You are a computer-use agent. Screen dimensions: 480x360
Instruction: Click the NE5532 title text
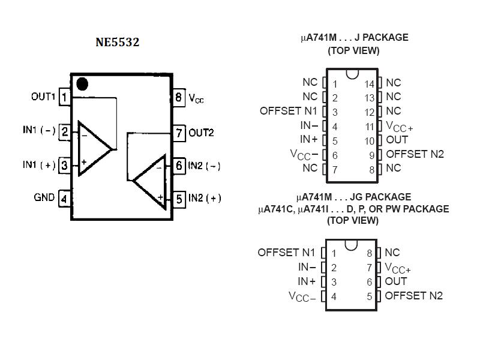(x=117, y=42)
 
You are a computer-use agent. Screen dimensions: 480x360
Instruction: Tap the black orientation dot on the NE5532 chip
(x=82, y=84)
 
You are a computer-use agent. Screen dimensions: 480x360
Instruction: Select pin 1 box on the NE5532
(x=64, y=97)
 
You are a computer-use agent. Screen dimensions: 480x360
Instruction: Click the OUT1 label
(x=43, y=97)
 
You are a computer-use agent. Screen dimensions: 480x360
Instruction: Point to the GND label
(x=44, y=197)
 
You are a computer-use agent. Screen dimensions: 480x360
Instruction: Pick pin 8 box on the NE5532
(x=179, y=98)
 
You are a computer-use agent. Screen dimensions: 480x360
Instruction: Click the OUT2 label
(x=201, y=133)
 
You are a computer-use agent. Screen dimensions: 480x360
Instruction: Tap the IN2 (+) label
(x=205, y=198)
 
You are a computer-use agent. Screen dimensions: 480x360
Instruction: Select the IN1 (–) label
(x=39, y=130)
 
